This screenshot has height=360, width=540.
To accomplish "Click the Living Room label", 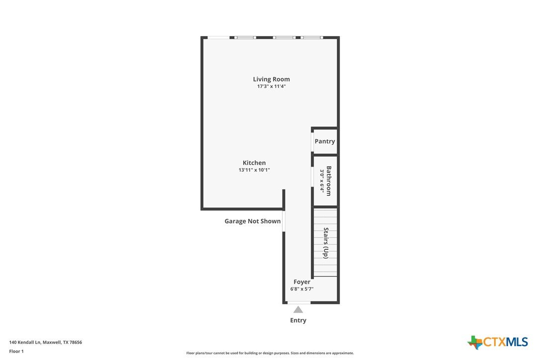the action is point(271,79).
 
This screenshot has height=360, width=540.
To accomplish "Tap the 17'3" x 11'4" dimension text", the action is point(271,87).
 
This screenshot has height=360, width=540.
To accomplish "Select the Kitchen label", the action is point(254,163).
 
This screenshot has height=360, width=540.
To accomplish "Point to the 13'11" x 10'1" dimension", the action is point(254,170).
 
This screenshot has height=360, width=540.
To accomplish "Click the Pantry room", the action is point(325,141).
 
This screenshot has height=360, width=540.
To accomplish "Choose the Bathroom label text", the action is point(329,181).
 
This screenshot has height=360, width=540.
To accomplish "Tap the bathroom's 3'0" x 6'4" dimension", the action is point(322,181).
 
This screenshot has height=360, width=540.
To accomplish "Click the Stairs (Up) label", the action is point(326,243).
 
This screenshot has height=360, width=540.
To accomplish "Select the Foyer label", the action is point(302,282).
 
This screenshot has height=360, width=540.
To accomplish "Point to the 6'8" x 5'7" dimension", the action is point(302,289).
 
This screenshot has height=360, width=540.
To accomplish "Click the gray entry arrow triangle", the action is point(298,310).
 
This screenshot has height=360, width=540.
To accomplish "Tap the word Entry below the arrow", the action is point(298,320).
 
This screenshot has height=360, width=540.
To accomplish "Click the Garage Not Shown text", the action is point(253,221).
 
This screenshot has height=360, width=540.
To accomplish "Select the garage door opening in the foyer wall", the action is point(284,221).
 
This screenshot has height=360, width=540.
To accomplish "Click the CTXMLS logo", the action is point(498,342).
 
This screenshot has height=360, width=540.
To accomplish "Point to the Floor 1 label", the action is point(16,352).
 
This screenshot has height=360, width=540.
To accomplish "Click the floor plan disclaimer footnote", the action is point(270,353).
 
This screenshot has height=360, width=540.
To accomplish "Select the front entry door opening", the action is point(298,302).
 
